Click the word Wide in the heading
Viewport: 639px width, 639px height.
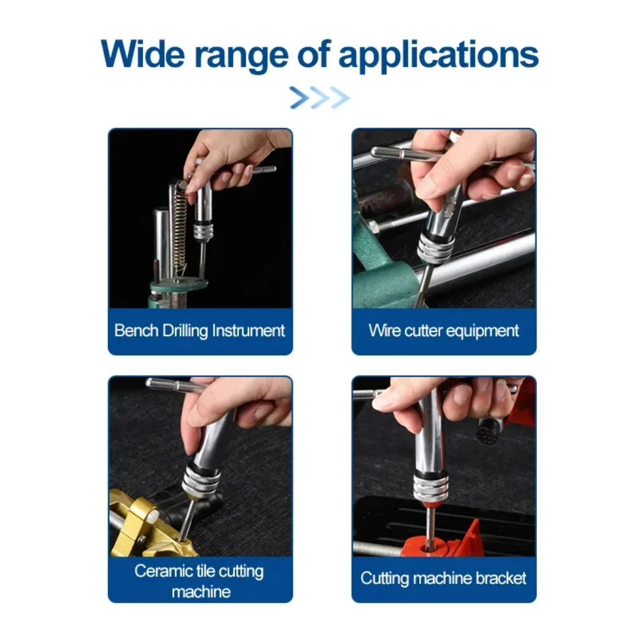coord(143,54)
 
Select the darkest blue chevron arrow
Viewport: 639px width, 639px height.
coord(299,98)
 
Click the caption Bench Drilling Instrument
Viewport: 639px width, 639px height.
coord(199,330)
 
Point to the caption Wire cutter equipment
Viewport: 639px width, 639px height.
coord(443,330)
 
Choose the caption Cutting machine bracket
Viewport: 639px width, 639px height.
coord(443,578)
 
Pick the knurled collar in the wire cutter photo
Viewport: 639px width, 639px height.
coord(435,249)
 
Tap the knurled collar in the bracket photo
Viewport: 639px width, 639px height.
coord(430,488)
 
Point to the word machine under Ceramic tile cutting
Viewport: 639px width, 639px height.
coord(201,592)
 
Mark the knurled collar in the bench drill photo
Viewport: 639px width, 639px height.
coord(203,231)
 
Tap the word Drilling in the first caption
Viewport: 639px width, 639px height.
coord(185,330)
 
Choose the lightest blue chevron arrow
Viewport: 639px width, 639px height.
coord(339,98)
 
